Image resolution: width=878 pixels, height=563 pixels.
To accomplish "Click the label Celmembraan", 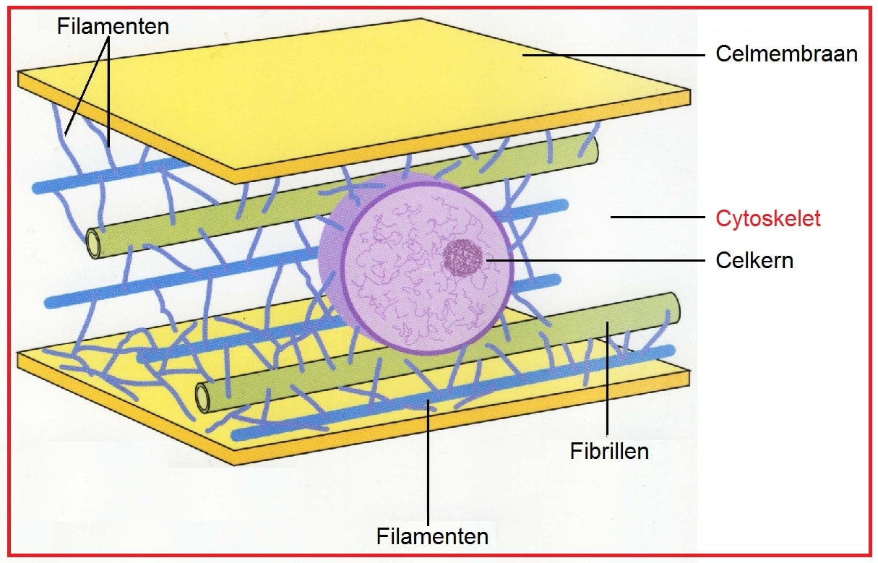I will [786, 54].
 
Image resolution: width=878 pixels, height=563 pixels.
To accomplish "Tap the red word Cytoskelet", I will [767, 218].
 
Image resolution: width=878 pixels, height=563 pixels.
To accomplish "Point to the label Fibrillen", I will [609, 452].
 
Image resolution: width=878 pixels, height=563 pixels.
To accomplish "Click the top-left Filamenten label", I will [113, 27].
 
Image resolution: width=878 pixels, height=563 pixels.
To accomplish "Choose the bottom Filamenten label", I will [432, 537].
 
